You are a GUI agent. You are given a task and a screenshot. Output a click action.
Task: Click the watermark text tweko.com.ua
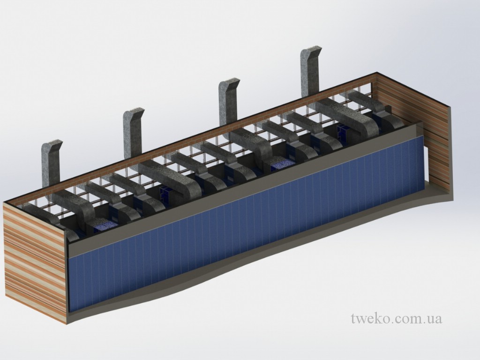(397, 318)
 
